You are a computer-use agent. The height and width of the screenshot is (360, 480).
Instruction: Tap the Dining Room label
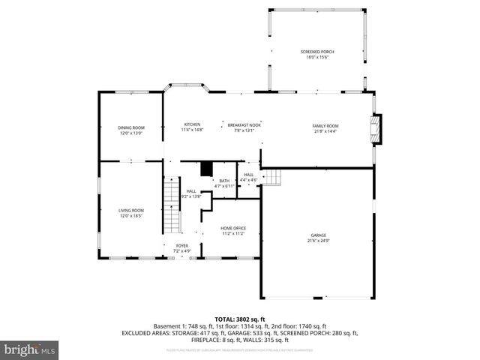(x=130, y=127)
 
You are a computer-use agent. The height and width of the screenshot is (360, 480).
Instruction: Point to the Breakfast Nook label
(x=244, y=125)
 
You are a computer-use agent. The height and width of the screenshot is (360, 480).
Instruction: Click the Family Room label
(x=325, y=125)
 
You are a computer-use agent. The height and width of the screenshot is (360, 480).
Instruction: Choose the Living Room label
(x=130, y=210)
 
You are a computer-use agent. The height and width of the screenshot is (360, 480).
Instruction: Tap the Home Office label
(x=233, y=228)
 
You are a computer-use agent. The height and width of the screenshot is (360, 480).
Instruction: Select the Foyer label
(x=182, y=245)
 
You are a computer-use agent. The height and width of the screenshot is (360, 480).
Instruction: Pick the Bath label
(x=224, y=181)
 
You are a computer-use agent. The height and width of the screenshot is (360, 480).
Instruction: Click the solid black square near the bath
(x=207, y=169)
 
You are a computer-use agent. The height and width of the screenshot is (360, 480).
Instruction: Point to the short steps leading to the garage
(x=274, y=177)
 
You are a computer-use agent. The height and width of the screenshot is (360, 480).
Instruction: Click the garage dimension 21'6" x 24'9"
(x=319, y=240)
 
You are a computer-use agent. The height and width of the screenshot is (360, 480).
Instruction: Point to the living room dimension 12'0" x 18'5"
(x=130, y=215)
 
